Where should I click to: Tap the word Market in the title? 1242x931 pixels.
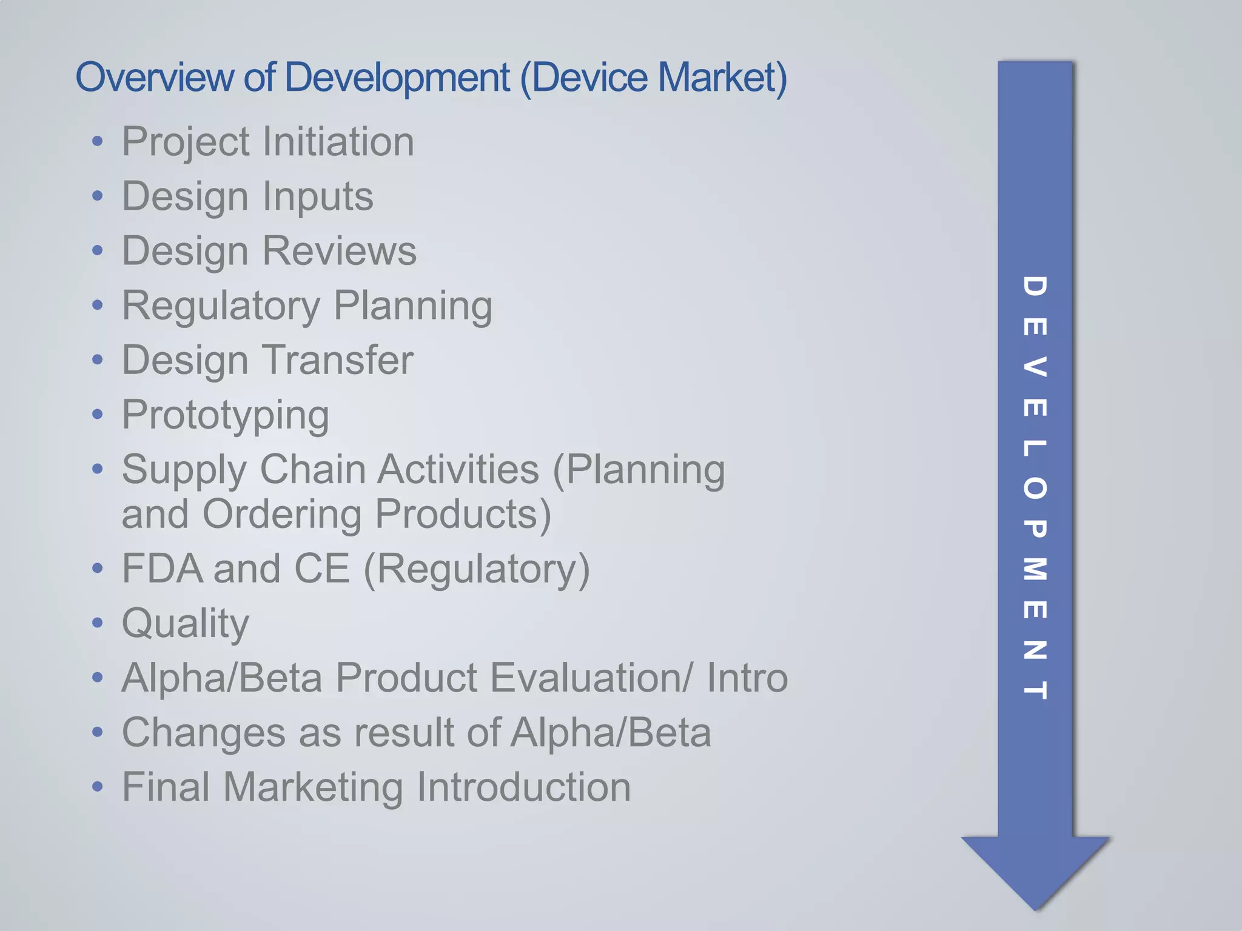tap(722, 78)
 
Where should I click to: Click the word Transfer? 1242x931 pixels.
tap(338, 360)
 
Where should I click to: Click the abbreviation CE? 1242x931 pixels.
tap(321, 569)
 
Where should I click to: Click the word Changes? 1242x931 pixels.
tap(203, 732)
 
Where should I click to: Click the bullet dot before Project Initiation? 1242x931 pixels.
tap(98, 142)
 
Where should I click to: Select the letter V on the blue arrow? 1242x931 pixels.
tap(1035, 367)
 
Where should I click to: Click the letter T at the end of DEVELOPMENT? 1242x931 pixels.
tap(1035, 690)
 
